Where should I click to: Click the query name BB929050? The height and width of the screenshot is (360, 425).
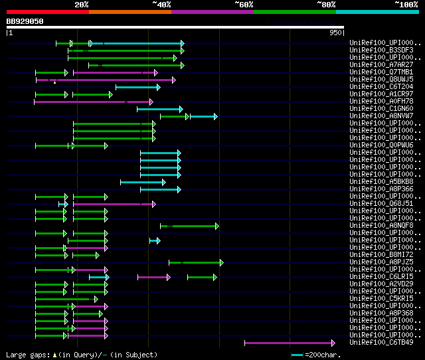tap(25, 21)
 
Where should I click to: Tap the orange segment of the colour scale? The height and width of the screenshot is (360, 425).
tap(129, 12)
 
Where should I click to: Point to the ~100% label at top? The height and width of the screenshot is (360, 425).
tap(406, 5)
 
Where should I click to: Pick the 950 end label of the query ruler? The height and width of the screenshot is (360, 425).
tap(335, 32)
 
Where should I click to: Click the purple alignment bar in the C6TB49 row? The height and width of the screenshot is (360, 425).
tap(289, 343)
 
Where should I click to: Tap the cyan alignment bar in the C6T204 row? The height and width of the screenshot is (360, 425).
tap(137, 87)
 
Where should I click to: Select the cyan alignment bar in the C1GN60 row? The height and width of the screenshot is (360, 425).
tap(159, 109)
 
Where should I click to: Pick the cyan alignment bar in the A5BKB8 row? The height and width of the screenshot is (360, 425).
tap(142, 182)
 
